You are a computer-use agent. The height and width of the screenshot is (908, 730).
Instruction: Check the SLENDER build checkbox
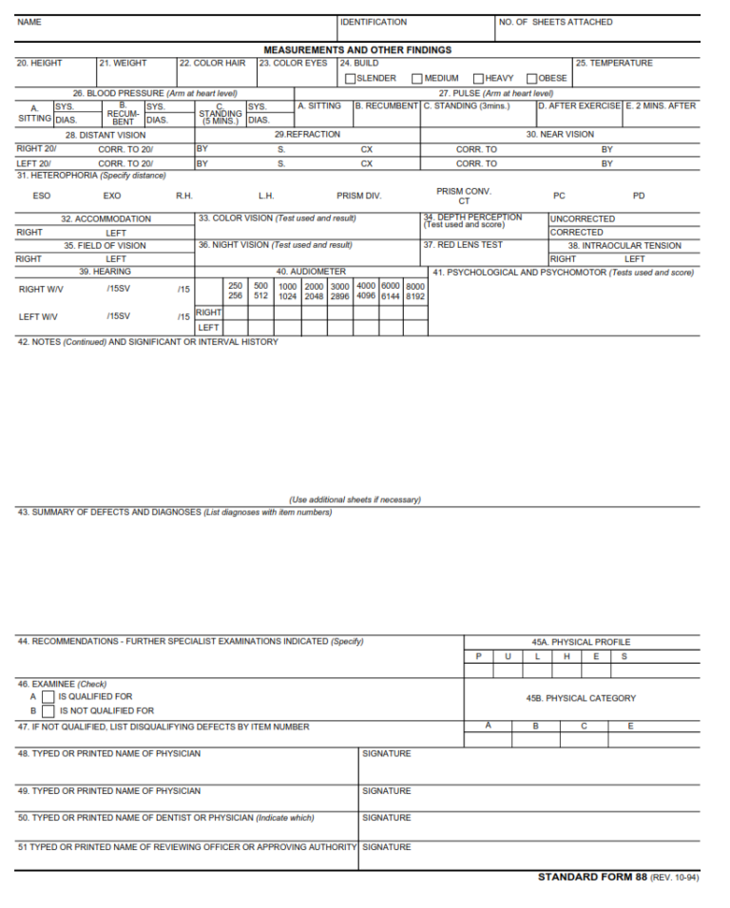pos(351,79)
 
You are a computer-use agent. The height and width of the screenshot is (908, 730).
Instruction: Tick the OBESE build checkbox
pos(532,79)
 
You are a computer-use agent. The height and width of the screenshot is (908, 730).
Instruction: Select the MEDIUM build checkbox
pos(417,79)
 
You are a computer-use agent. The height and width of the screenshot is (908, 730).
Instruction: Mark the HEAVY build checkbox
pos(479,79)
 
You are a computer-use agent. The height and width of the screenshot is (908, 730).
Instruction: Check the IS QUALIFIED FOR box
pos(48,697)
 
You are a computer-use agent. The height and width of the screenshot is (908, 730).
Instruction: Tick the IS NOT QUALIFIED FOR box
pos(48,710)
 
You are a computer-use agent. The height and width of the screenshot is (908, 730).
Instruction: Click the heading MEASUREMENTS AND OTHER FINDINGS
pos(357,49)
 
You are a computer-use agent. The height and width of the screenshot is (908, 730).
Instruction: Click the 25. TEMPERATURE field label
pos(613,64)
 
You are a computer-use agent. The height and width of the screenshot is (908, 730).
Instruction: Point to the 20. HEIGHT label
pos(40,64)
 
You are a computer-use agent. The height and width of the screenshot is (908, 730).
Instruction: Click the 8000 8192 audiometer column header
pos(415,291)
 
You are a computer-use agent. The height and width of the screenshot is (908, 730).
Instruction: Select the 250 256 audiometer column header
pos(236,291)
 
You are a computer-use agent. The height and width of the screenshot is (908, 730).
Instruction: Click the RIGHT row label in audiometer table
pos(208,312)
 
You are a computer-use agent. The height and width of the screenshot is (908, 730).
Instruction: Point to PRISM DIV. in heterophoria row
pos(358,196)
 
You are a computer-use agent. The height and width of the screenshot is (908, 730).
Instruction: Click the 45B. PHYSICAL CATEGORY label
pos(581,698)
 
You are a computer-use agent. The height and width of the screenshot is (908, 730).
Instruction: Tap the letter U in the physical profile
pos(508,656)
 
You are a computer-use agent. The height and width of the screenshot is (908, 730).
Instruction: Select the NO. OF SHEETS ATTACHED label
pos(556,22)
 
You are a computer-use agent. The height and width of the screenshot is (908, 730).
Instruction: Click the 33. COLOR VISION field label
pos(277,218)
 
